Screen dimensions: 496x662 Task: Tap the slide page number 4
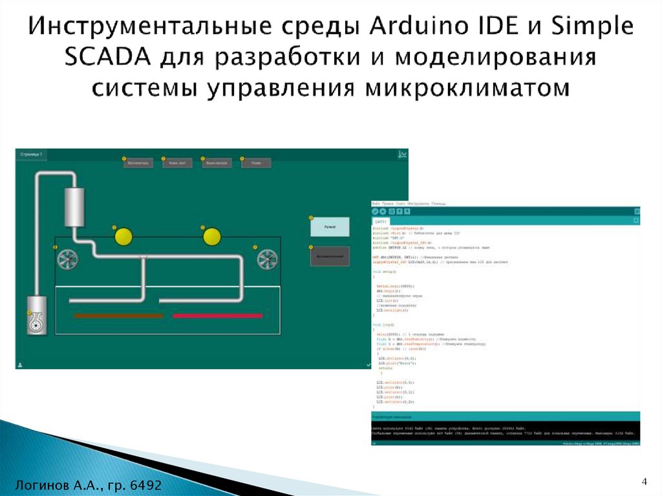(x=644, y=481)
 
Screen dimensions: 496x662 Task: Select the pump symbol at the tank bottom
(x=37, y=321)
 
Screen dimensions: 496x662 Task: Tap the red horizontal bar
(x=217, y=316)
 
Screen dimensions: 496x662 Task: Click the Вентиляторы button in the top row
(x=137, y=164)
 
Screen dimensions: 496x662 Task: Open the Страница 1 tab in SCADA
(x=31, y=155)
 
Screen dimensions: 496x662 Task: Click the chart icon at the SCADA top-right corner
(x=402, y=155)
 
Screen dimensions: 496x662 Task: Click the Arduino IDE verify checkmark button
(x=376, y=211)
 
